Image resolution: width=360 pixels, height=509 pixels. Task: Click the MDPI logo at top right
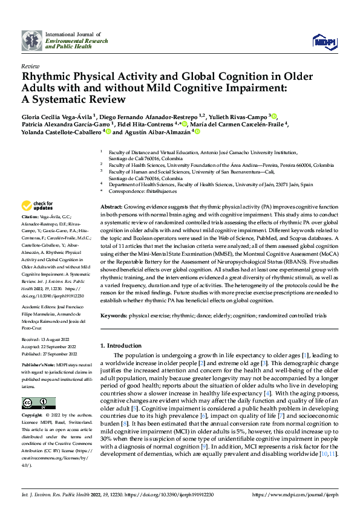(x=324, y=42)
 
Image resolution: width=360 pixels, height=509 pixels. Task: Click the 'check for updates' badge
(x=36, y=206)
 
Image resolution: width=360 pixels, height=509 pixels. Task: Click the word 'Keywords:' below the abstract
(x=114, y=316)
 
